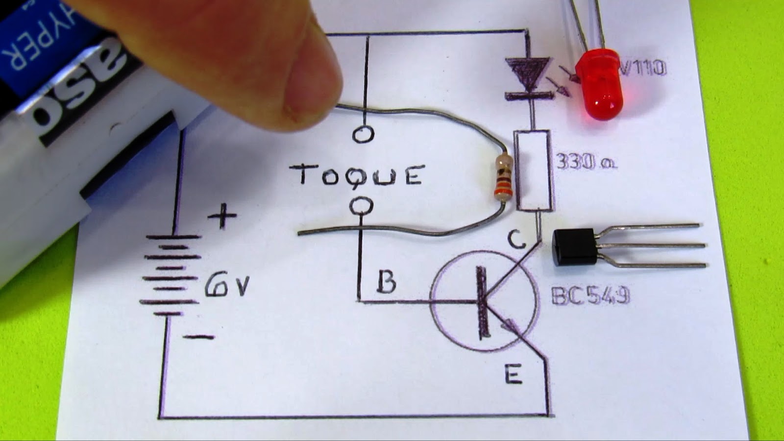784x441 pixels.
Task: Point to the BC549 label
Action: click(590, 295)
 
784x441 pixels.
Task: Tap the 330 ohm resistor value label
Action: click(586, 161)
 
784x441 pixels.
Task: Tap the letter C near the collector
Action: click(516, 239)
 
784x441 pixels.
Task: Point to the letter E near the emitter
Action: click(513, 375)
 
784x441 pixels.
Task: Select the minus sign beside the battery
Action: click(200, 337)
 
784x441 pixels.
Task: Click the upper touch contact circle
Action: click(363, 135)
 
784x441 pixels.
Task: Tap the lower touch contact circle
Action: click(361, 206)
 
